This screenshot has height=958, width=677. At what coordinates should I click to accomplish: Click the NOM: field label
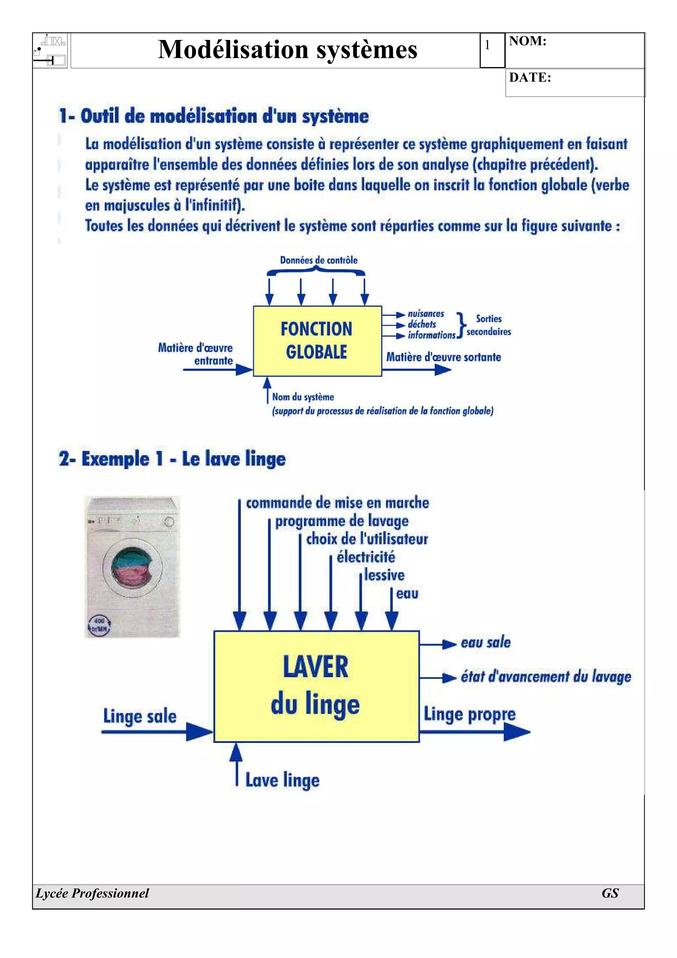[527, 41]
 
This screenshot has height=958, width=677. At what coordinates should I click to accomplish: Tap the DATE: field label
[530, 78]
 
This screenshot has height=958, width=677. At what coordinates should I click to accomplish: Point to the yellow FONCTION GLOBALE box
[317, 341]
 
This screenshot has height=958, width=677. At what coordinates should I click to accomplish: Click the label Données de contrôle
[319, 260]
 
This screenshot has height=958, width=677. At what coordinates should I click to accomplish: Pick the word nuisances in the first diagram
[425, 314]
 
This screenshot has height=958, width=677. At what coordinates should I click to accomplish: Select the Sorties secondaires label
[489, 325]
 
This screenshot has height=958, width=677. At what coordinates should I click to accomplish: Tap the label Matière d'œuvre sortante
[443, 357]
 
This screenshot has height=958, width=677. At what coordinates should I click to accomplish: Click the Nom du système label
[303, 397]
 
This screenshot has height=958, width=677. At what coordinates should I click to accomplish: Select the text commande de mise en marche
[337, 503]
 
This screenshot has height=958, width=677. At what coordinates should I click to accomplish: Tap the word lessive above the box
[384, 576]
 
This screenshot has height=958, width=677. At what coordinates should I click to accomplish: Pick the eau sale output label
[486, 642]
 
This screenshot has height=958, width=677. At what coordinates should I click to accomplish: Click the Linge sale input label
[140, 716]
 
